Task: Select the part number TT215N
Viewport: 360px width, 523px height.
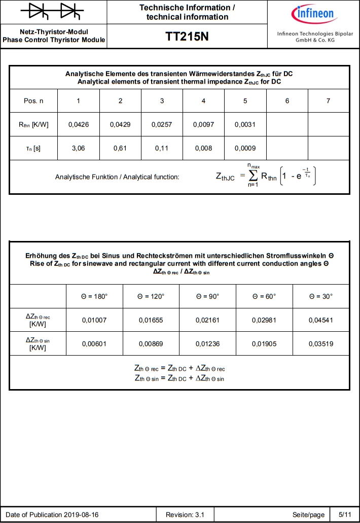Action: pyautogui.click(x=187, y=37)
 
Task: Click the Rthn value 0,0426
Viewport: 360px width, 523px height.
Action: pyautogui.click(x=78, y=125)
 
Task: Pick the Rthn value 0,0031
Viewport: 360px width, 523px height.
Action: pyautogui.click(x=245, y=125)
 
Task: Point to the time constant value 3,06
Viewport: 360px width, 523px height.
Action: pyautogui.click(x=78, y=149)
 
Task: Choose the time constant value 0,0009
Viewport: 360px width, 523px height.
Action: pyautogui.click(x=245, y=149)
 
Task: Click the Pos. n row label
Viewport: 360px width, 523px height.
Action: pyautogui.click(x=33, y=101)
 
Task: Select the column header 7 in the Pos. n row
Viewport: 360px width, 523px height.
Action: pyautogui.click(x=328, y=101)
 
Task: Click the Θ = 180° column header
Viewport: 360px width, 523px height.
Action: pyautogui.click(x=95, y=296)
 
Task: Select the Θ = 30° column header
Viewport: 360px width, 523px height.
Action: pyautogui.click(x=321, y=296)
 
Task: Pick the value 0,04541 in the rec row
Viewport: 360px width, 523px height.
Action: pyautogui.click(x=321, y=320)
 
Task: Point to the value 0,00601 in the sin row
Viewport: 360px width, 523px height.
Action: pyautogui.click(x=95, y=343)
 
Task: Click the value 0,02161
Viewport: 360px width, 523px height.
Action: pyautogui.click(x=208, y=320)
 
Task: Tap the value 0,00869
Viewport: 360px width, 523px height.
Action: pyautogui.click(x=151, y=343)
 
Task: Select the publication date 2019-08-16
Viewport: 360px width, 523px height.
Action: pyautogui.click(x=81, y=514)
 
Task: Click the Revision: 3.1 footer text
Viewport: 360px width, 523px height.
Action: pyautogui.click(x=185, y=514)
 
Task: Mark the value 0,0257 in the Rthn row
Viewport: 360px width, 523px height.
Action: pyautogui.click(x=162, y=125)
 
